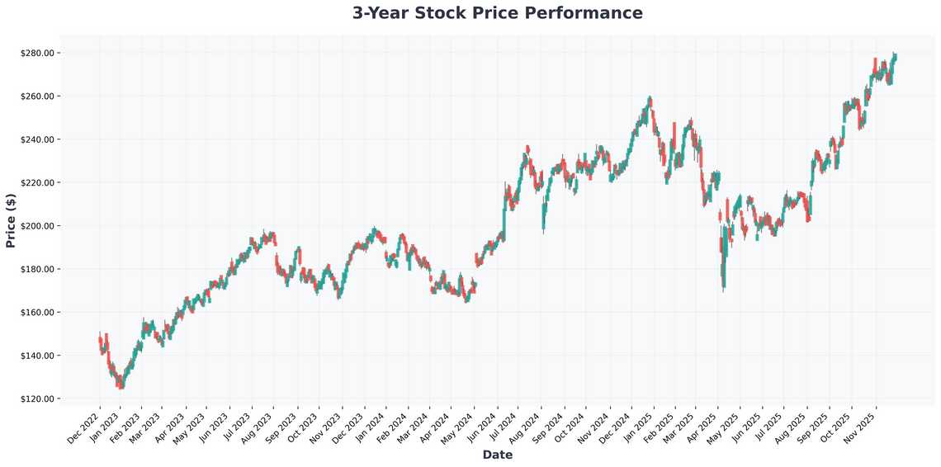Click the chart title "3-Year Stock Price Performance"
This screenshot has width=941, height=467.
pyautogui.click(x=497, y=13)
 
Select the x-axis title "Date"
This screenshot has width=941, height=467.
pyautogui.click(x=497, y=455)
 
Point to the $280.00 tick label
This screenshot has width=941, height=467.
pyautogui.click(x=37, y=54)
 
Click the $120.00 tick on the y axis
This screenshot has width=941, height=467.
pyautogui.click(x=37, y=399)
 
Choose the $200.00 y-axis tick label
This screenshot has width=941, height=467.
pyautogui.click(x=37, y=226)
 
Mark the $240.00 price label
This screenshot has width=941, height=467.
pyautogui.click(x=37, y=139)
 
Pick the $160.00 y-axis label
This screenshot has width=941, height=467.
pyautogui.click(x=37, y=313)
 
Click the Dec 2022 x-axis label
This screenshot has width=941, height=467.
pyautogui.click(x=85, y=427)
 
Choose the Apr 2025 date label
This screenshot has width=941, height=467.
pyautogui.click(x=704, y=427)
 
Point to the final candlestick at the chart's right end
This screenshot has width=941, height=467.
pyautogui.click(x=896, y=56)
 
